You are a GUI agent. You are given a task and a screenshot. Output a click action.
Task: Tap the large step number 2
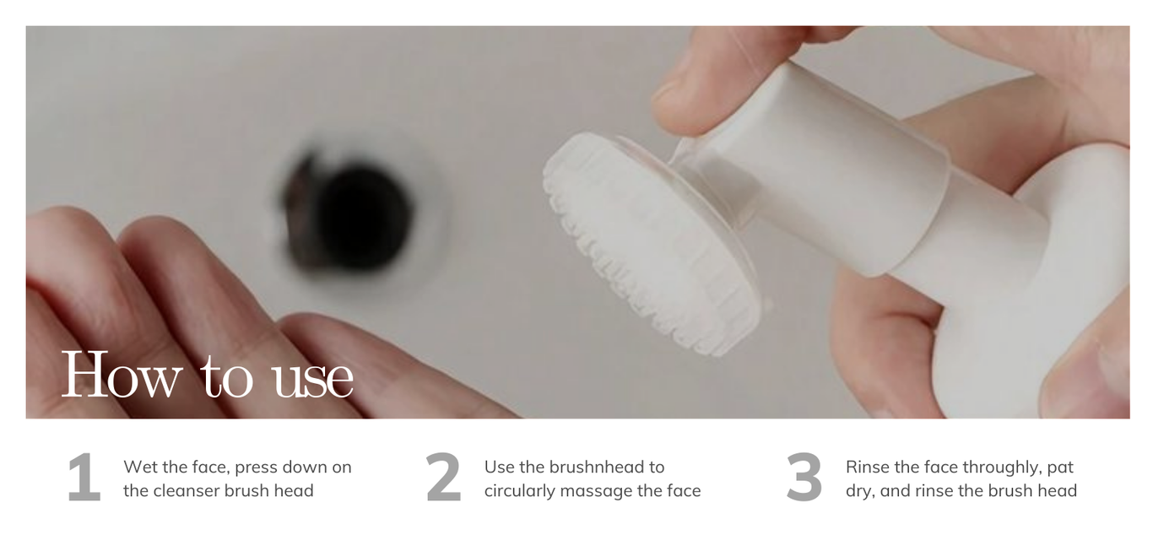pyautogui.click(x=444, y=477)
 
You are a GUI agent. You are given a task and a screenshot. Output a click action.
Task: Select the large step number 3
pyautogui.click(x=804, y=477)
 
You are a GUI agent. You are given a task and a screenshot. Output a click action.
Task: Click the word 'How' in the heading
pyautogui.click(x=122, y=374)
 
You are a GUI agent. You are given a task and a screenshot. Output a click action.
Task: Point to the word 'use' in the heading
pyautogui.click(x=313, y=381)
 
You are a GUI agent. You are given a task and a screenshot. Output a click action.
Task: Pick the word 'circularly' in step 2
pyautogui.click(x=519, y=491)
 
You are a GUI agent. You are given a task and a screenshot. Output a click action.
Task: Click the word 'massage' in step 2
pyautogui.click(x=596, y=492)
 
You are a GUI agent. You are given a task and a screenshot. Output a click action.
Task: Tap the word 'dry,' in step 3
pyautogui.click(x=860, y=491)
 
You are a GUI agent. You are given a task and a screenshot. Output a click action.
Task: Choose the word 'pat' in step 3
pyautogui.click(x=1060, y=468)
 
